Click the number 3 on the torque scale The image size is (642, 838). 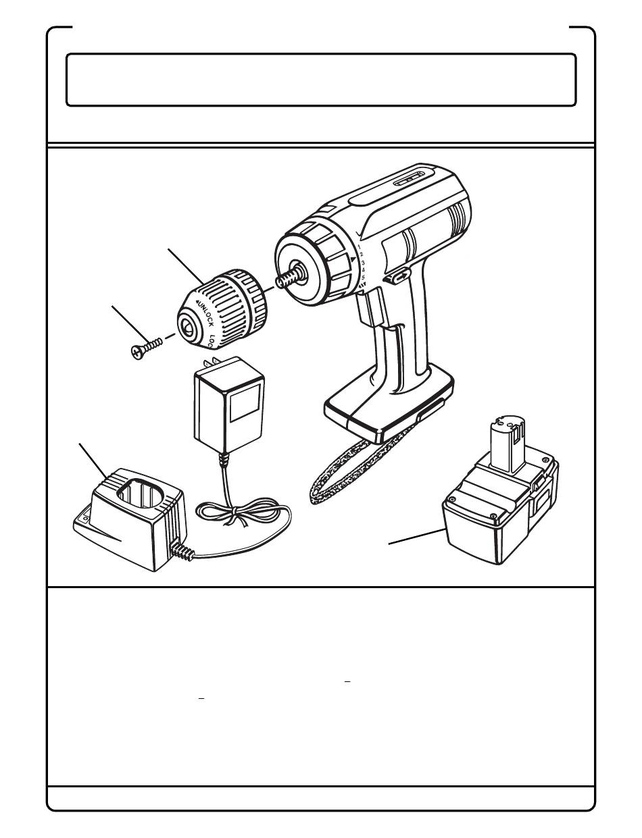[363, 262]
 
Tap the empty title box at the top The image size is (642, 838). [320, 80]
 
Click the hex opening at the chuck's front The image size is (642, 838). [187, 325]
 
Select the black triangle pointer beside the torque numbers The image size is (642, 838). [354, 259]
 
